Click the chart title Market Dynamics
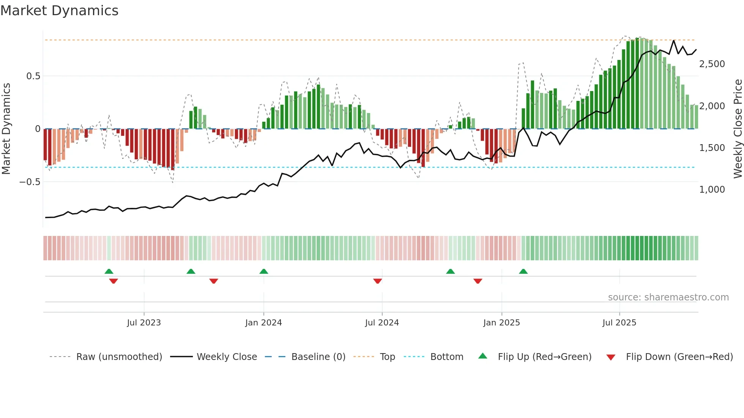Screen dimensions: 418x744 click(x=59, y=11)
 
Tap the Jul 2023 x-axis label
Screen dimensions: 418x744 click(x=144, y=323)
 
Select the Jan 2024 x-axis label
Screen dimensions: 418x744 click(x=263, y=323)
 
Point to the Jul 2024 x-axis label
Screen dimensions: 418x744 click(x=382, y=323)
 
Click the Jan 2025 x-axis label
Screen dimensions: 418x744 click(x=501, y=323)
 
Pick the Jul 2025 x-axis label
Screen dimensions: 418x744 click(x=619, y=323)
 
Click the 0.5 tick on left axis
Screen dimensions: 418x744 click(x=33, y=76)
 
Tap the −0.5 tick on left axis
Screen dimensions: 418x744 click(x=30, y=182)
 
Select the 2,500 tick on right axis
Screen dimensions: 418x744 click(x=712, y=64)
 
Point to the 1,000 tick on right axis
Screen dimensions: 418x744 click(x=712, y=190)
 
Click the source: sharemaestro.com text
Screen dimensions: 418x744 click(x=668, y=297)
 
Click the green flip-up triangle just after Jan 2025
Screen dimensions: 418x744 click(x=523, y=272)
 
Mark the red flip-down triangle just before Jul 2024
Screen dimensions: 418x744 click(x=377, y=281)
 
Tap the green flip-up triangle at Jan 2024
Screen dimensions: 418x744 click(x=263, y=272)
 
